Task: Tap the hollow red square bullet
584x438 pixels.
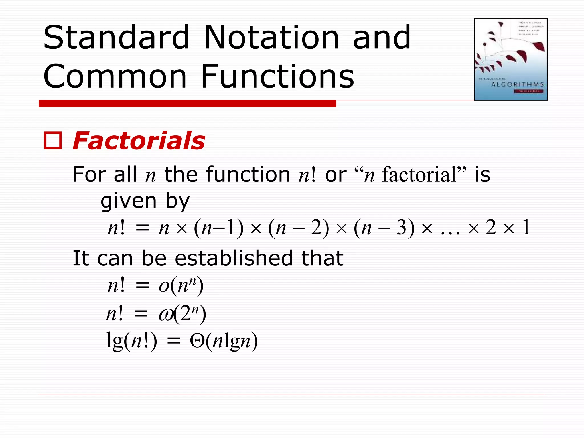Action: [53, 141]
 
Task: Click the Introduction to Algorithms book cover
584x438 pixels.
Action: [510, 59]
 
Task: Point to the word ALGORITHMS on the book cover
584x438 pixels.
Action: [517, 84]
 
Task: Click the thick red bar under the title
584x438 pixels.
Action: [187, 103]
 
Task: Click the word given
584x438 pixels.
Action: [129, 201]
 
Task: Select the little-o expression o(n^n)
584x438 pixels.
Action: [181, 285]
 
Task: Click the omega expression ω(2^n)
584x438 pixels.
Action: [182, 314]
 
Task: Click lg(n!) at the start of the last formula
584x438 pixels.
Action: [131, 341]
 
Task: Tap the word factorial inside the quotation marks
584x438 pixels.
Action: [419, 175]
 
